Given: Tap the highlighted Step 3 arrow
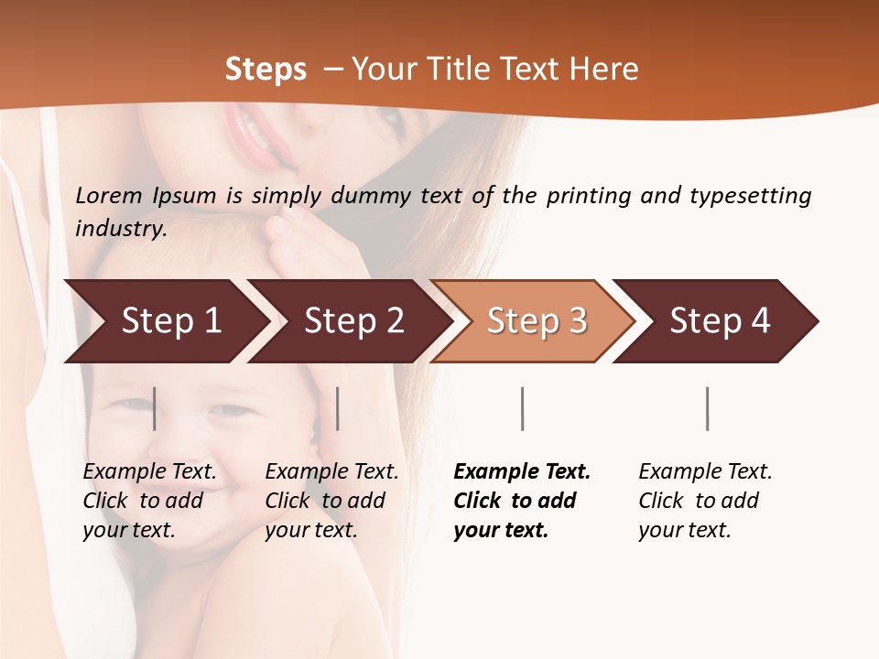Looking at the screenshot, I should pos(537,320).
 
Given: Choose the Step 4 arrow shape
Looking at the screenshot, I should pos(720,320).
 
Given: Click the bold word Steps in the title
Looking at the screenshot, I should pos(266,70).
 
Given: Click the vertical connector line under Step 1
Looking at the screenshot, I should pos(155,408).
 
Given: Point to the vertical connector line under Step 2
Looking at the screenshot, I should pos(338,408).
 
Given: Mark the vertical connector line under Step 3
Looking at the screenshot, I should pos(522,408).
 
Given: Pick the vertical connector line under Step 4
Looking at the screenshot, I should pos(707,408).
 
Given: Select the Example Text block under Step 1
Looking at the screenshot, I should pos(149,501).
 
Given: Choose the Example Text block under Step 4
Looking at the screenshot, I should pos(705,501).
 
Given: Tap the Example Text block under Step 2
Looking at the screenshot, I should pos(331,501).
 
